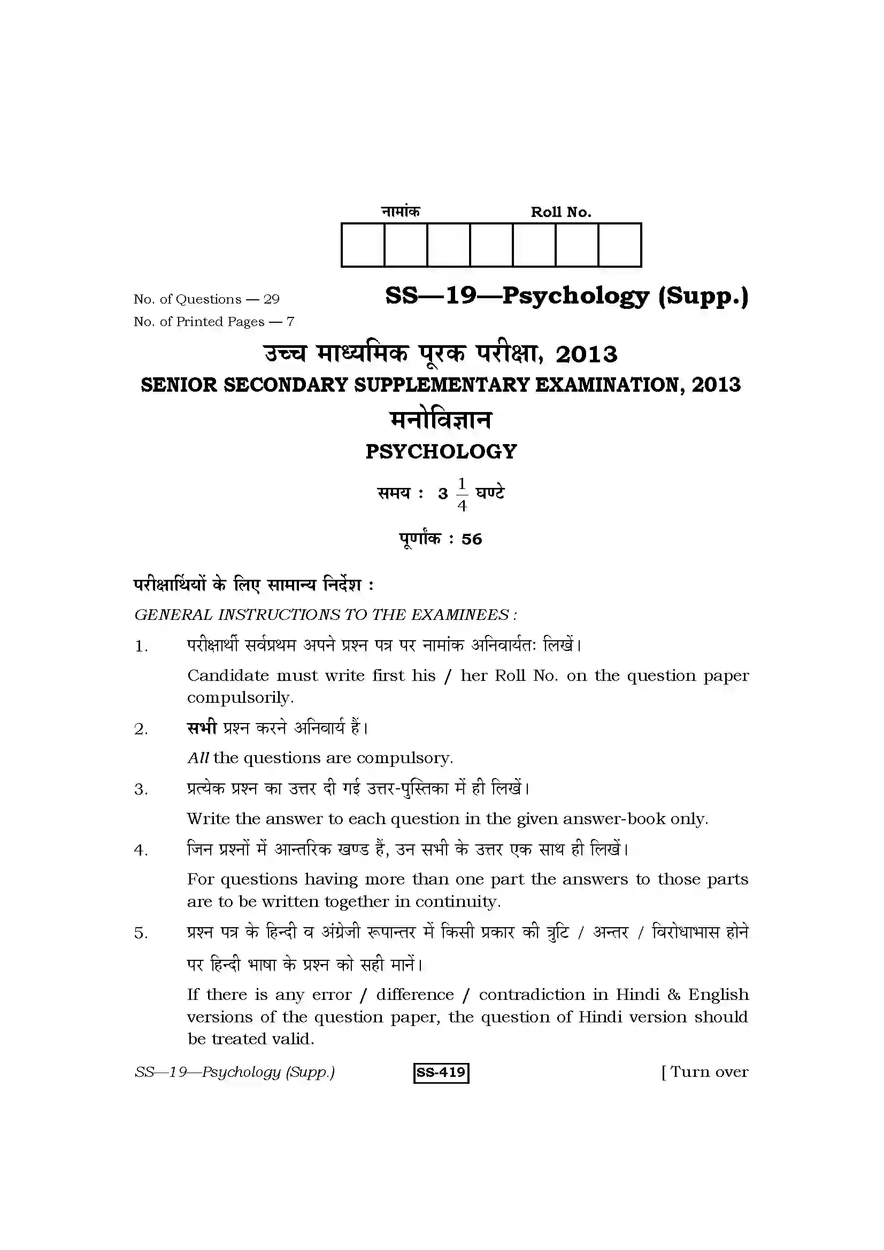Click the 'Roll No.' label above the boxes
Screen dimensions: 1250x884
point(560,212)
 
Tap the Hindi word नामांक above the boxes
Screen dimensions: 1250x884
point(401,211)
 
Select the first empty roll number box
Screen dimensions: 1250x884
point(363,245)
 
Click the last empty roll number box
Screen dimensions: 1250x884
point(619,245)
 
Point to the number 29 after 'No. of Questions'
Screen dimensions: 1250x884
point(271,299)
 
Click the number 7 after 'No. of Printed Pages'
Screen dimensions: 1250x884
point(290,322)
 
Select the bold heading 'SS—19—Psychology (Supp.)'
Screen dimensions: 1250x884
point(566,296)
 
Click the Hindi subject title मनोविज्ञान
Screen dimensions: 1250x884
point(441,420)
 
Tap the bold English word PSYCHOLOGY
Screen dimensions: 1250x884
point(441,452)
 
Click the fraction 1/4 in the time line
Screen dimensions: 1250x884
point(462,494)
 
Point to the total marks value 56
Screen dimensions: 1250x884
point(471,539)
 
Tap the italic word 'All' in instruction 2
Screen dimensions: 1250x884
point(198,758)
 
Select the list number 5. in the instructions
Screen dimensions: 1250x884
point(141,933)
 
